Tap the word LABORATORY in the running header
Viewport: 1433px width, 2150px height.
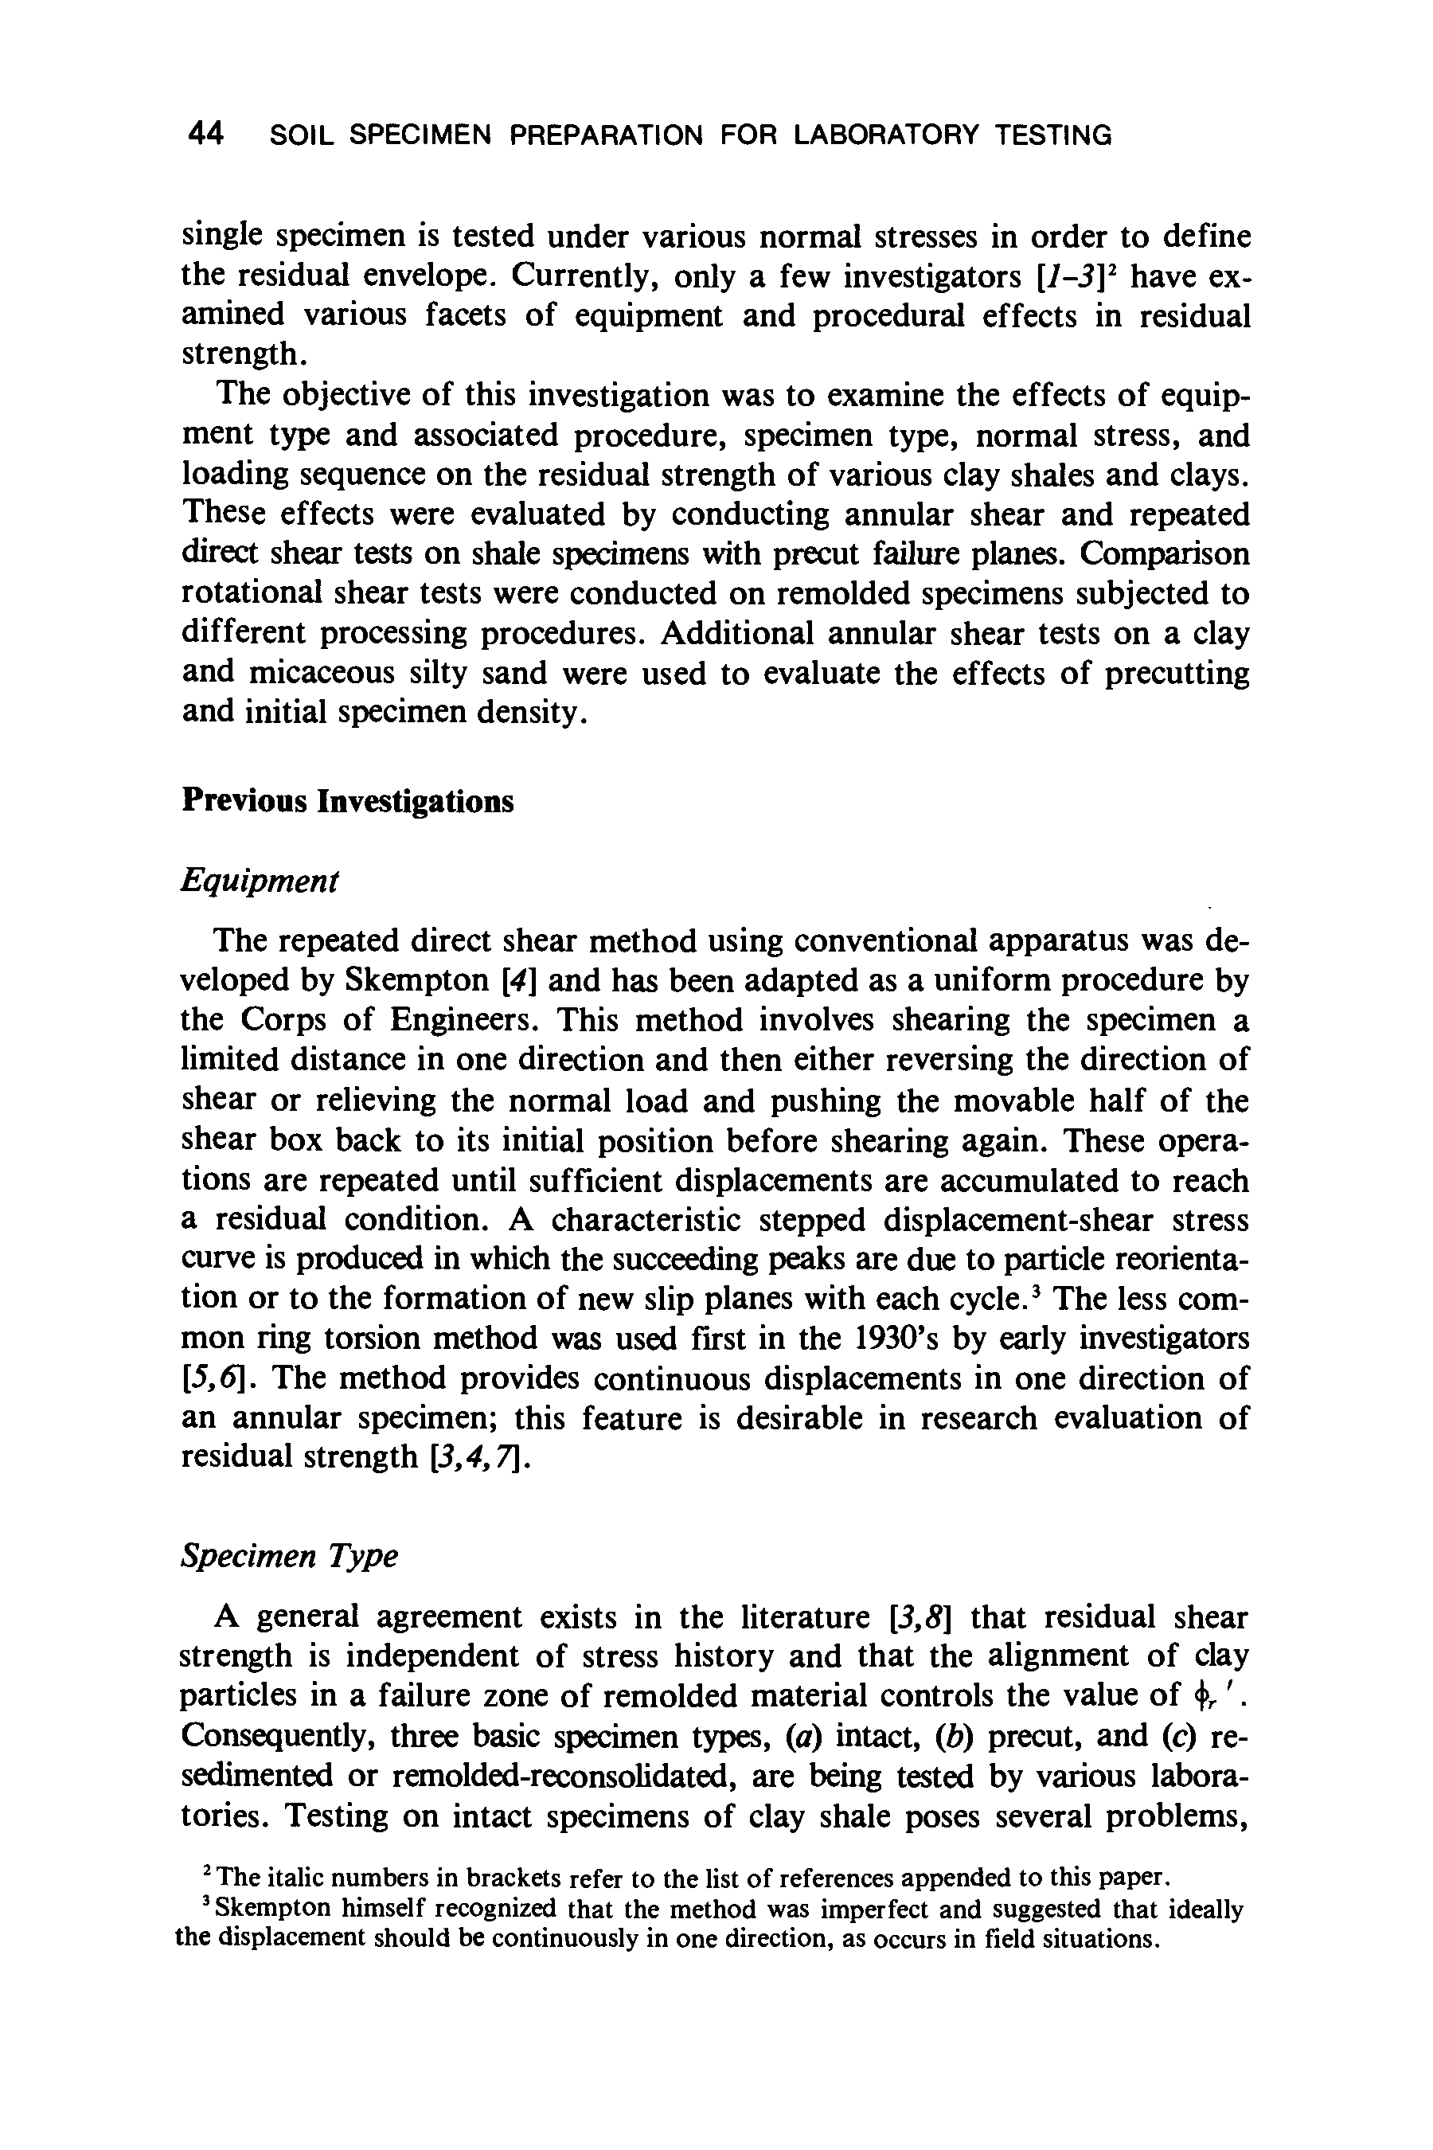tap(884, 136)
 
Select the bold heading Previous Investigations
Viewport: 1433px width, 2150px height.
tap(347, 801)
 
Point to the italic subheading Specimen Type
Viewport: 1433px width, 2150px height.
tap(289, 1555)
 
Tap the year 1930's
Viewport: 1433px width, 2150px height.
tap(904, 1339)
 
